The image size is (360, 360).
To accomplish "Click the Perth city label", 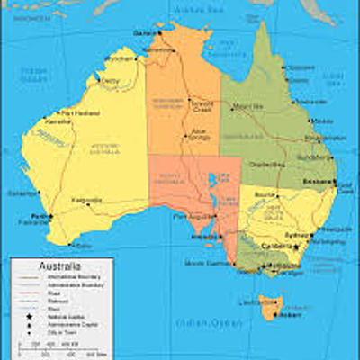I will [39, 216].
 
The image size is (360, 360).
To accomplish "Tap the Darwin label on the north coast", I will [144, 32].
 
